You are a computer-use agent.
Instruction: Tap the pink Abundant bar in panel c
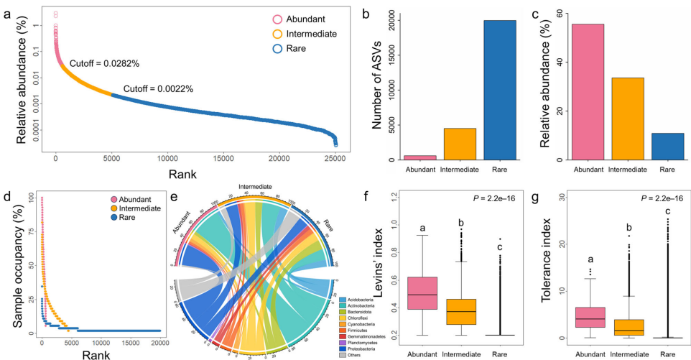point(588,92)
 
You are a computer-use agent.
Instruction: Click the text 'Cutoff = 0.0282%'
point(105,63)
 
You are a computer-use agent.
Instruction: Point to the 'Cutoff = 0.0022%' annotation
point(158,90)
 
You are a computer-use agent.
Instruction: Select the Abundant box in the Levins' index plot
point(423,292)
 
